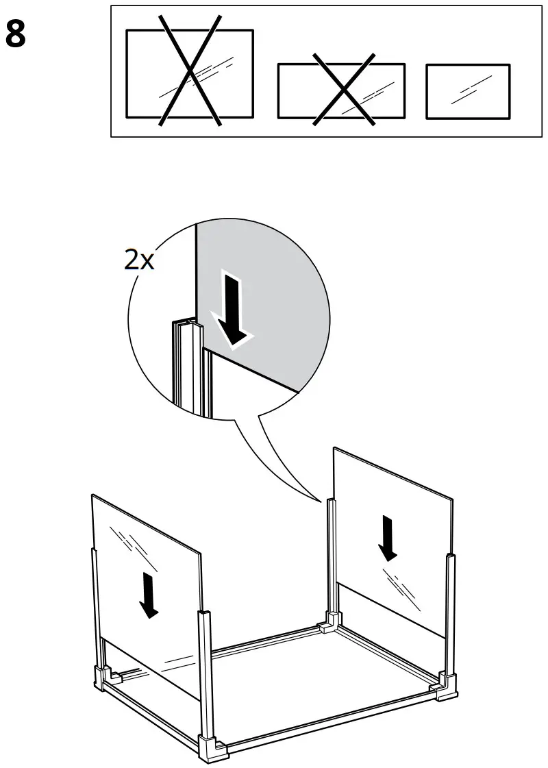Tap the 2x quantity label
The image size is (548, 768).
click(140, 260)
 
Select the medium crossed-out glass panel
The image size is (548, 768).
click(340, 90)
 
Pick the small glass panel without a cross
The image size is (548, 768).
click(468, 91)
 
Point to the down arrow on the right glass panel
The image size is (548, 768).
click(388, 537)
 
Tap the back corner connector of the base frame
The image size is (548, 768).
click(329, 623)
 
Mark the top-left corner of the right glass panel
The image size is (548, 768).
click(334, 449)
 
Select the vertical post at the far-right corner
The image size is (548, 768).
click(450, 610)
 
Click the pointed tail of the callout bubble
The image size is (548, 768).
click(322, 499)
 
